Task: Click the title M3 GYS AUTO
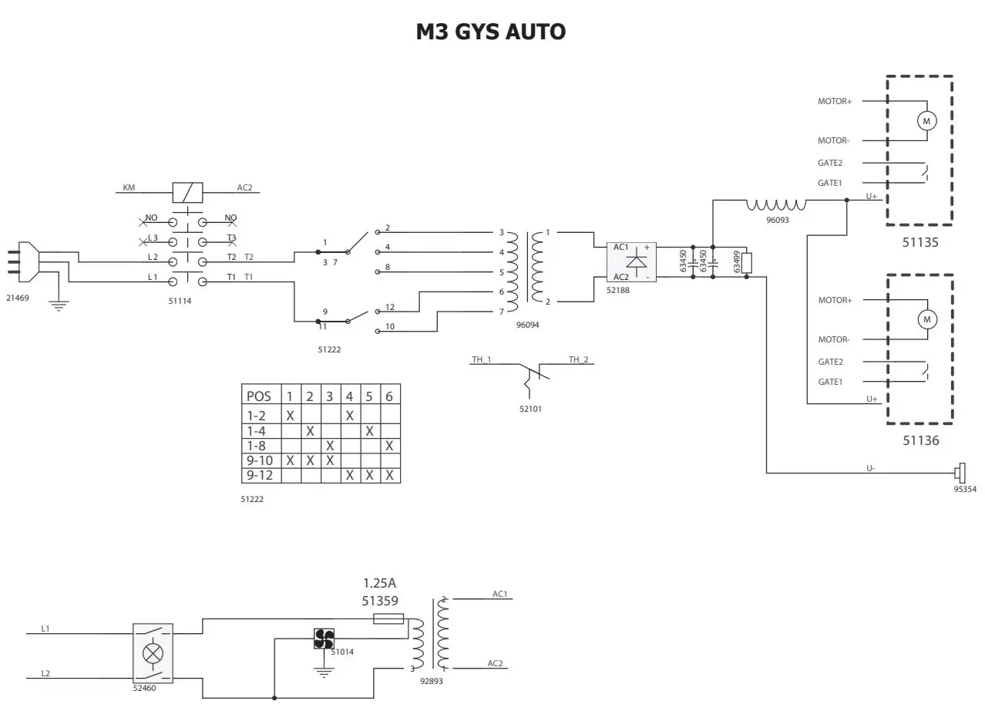pyautogui.click(x=491, y=32)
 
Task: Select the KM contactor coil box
pyautogui.click(x=187, y=192)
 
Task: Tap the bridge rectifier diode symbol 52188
pyautogui.click(x=636, y=262)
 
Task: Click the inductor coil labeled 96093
pyautogui.click(x=775, y=205)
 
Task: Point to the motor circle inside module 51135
pyautogui.click(x=926, y=121)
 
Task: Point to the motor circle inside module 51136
pyautogui.click(x=926, y=319)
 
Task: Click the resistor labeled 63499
pyautogui.click(x=746, y=262)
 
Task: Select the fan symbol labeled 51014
pyautogui.click(x=324, y=639)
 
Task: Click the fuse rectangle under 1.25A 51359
pyautogui.click(x=388, y=618)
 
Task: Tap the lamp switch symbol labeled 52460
pyautogui.click(x=153, y=653)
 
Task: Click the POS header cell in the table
pyautogui.click(x=259, y=396)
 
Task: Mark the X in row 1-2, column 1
pyautogui.click(x=290, y=416)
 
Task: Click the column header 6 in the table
pyautogui.click(x=389, y=396)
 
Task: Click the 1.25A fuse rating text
pyautogui.click(x=384, y=583)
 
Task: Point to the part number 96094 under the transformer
pyautogui.click(x=527, y=325)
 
